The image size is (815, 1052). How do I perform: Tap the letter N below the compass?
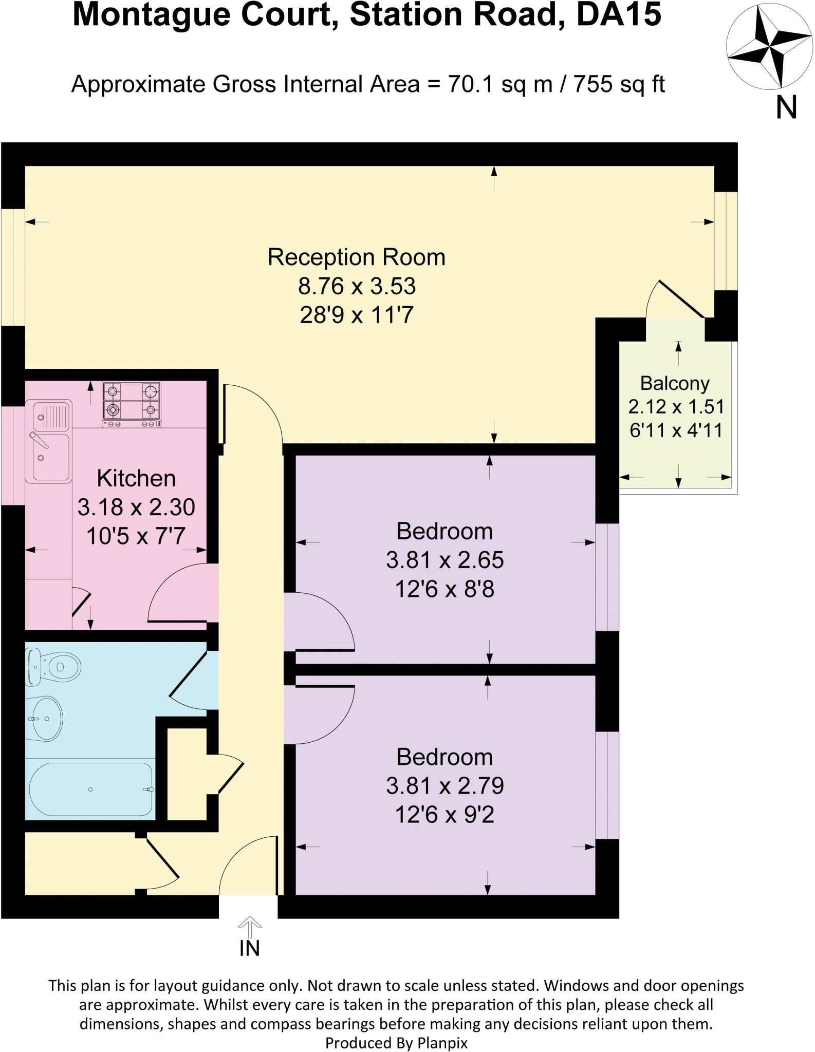click(x=786, y=108)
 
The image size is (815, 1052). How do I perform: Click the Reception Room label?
click(x=356, y=257)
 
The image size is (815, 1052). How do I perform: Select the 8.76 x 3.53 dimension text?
click(x=357, y=286)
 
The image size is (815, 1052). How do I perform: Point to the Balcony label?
click(x=675, y=383)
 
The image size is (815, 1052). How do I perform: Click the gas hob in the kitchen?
click(x=131, y=404)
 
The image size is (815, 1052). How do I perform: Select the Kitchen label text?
click(x=136, y=478)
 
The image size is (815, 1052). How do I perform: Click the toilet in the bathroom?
click(x=54, y=667)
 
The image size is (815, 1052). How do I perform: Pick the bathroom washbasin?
click(x=44, y=718)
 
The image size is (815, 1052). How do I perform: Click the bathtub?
click(x=90, y=790)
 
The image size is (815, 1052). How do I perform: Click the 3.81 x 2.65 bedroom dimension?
click(x=444, y=560)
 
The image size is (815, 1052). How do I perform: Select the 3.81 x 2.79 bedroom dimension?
click(x=444, y=786)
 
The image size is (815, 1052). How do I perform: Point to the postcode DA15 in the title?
click(x=619, y=14)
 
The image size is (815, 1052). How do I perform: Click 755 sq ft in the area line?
click(x=619, y=84)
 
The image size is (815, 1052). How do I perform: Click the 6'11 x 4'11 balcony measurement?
click(x=676, y=430)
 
